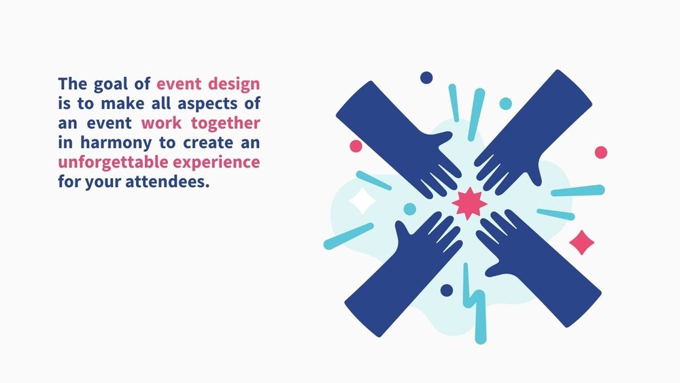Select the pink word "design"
(234, 86)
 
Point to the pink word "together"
(227, 124)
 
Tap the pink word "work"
(161, 124)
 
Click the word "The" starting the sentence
(71, 85)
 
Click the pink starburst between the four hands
(469, 203)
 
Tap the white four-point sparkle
(362, 201)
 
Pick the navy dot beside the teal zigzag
(446, 290)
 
